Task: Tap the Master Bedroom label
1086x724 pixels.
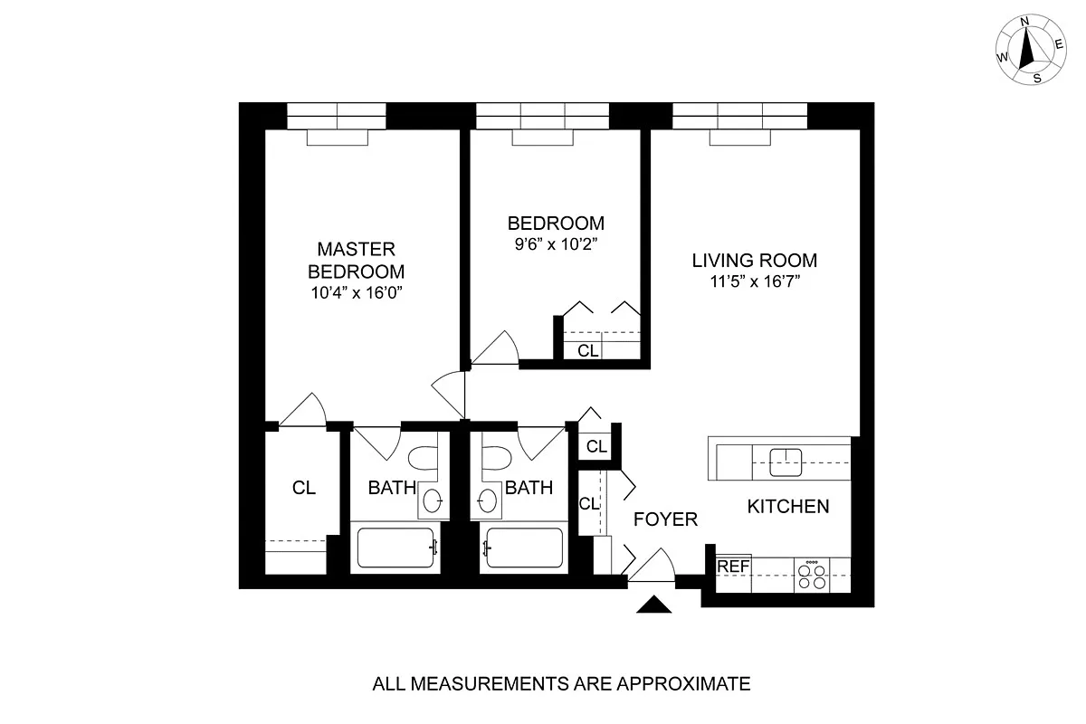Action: point(356,260)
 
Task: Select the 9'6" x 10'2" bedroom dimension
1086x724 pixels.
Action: point(555,243)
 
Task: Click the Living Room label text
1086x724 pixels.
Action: point(754,261)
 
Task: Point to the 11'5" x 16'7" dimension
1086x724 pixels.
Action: point(754,281)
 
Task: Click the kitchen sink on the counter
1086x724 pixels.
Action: point(786,462)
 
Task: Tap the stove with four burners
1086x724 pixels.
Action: point(812,576)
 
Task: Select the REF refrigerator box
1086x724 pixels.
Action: point(733,567)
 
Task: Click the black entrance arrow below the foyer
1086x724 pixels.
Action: point(655,605)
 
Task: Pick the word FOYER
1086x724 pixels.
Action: point(665,519)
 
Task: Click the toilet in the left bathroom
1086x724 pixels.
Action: point(423,462)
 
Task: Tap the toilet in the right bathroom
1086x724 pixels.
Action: point(495,462)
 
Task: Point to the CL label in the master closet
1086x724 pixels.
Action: point(304,488)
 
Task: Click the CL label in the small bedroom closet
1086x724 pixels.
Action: point(588,350)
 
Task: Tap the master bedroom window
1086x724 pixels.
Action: point(337,116)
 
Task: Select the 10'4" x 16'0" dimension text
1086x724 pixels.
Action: point(356,292)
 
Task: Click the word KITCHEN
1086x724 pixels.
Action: point(787,507)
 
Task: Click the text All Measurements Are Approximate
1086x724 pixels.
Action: point(561,683)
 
